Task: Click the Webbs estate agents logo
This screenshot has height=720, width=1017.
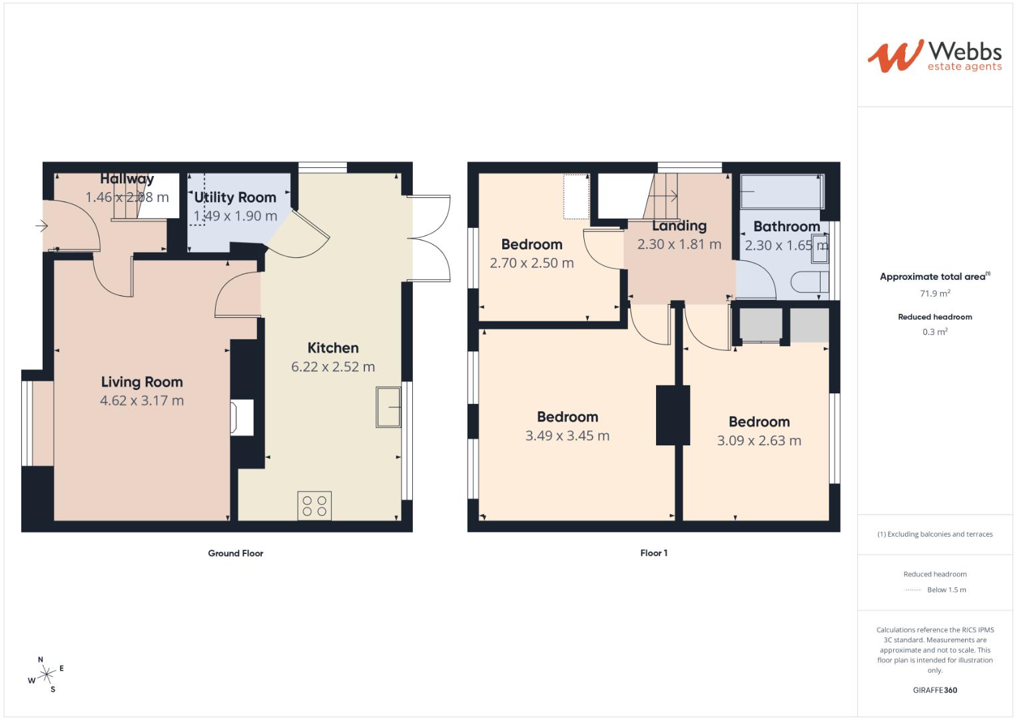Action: (934, 55)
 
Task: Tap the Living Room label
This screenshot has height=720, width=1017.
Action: (142, 382)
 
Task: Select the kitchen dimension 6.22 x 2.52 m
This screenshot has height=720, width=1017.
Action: (333, 367)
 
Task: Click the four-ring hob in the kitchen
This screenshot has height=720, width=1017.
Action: (314, 506)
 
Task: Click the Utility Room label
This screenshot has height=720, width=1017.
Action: (235, 197)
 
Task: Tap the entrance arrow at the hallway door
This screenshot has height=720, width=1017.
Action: (41, 227)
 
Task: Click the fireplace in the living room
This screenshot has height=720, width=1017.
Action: (242, 417)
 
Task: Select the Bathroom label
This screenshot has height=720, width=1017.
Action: (787, 227)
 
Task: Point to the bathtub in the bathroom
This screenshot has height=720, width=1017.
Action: (782, 191)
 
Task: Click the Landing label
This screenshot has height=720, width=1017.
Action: (679, 226)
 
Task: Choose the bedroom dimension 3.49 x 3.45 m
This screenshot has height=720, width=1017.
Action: (567, 436)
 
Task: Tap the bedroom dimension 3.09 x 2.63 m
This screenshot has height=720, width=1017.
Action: (759, 441)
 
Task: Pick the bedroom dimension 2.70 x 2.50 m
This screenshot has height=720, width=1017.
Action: (531, 263)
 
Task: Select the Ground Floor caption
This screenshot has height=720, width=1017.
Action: (236, 553)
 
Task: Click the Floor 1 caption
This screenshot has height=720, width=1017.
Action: (653, 553)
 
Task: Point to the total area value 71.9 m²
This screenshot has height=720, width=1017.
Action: (935, 293)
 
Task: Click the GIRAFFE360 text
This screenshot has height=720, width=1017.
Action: (935, 690)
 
